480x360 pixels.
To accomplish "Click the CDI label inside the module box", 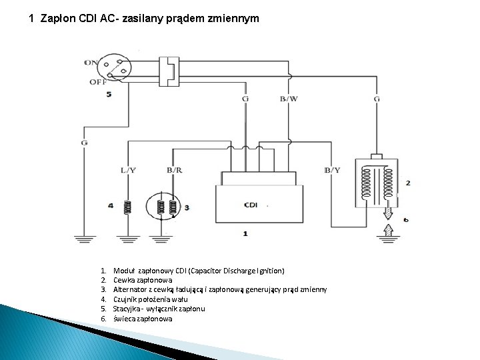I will [251, 205].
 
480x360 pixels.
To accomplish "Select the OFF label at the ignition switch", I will [97, 82].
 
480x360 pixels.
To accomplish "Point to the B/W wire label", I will [289, 99].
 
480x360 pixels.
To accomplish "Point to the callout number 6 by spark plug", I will [406, 219].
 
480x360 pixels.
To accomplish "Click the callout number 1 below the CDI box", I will [245, 234].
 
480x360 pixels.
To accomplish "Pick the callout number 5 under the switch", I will [109, 95].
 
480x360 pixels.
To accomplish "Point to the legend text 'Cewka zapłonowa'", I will [142, 281].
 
